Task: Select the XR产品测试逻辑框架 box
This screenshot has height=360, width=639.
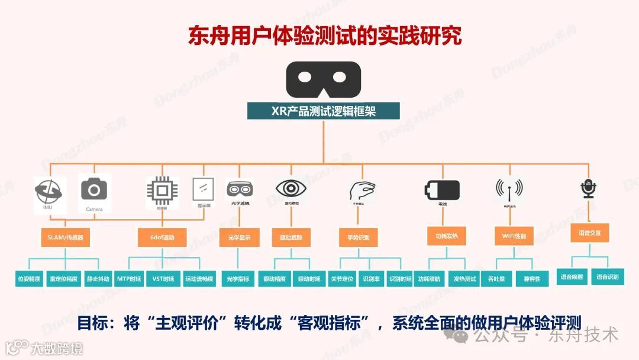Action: point(324,111)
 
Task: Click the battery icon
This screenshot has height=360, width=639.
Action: point(442,190)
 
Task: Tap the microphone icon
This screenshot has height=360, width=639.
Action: point(588,189)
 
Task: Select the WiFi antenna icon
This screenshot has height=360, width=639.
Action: point(509,189)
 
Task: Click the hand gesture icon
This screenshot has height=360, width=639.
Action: point(362,191)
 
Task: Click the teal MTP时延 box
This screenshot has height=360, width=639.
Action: point(128,278)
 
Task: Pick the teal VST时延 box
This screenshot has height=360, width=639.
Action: point(163,278)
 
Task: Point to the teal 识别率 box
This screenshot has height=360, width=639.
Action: point(371,278)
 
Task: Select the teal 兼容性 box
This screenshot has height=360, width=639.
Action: point(531,278)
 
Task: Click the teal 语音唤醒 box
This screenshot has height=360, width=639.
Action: point(572,277)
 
